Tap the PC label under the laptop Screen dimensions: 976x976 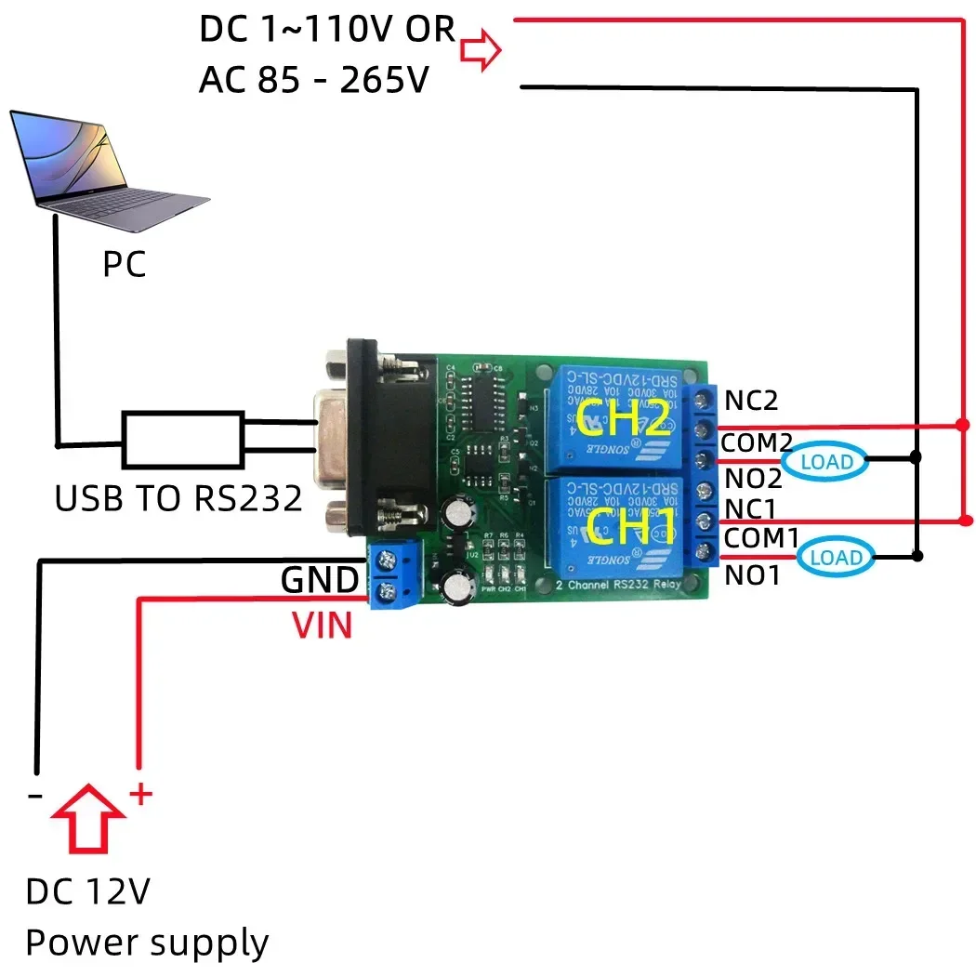(x=125, y=266)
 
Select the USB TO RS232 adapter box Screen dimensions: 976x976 (x=182, y=440)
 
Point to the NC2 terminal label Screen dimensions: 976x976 (x=751, y=401)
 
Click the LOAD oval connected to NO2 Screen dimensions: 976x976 (x=825, y=460)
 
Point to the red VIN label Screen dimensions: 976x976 (x=323, y=626)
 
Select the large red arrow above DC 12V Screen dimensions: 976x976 (x=89, y=815)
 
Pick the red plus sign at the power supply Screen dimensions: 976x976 (x=139, y=795)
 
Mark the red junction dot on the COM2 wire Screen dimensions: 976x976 (x=961, y=426)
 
